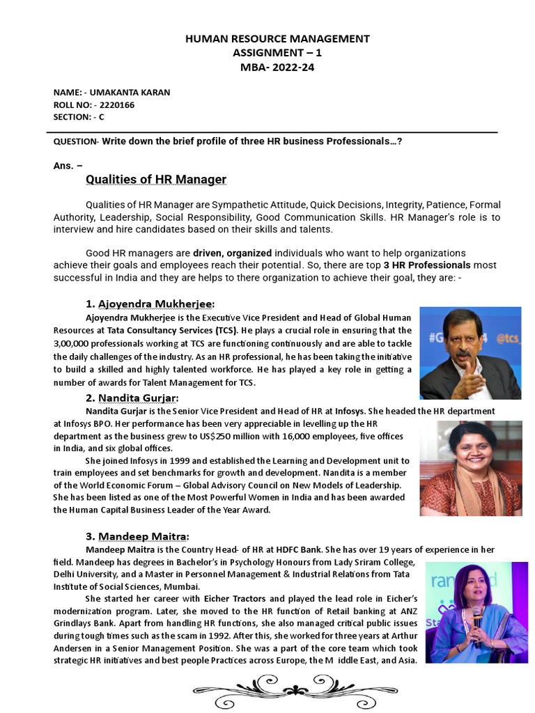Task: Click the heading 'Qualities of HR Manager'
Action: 156,180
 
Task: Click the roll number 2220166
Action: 118,105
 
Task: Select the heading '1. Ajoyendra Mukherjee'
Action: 150,304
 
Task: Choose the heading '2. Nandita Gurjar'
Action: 132,398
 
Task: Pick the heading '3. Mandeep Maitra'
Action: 137,536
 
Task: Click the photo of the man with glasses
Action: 470,352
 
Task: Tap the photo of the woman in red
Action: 470,468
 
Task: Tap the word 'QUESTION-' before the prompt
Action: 77,141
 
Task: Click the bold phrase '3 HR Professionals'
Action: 427,265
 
